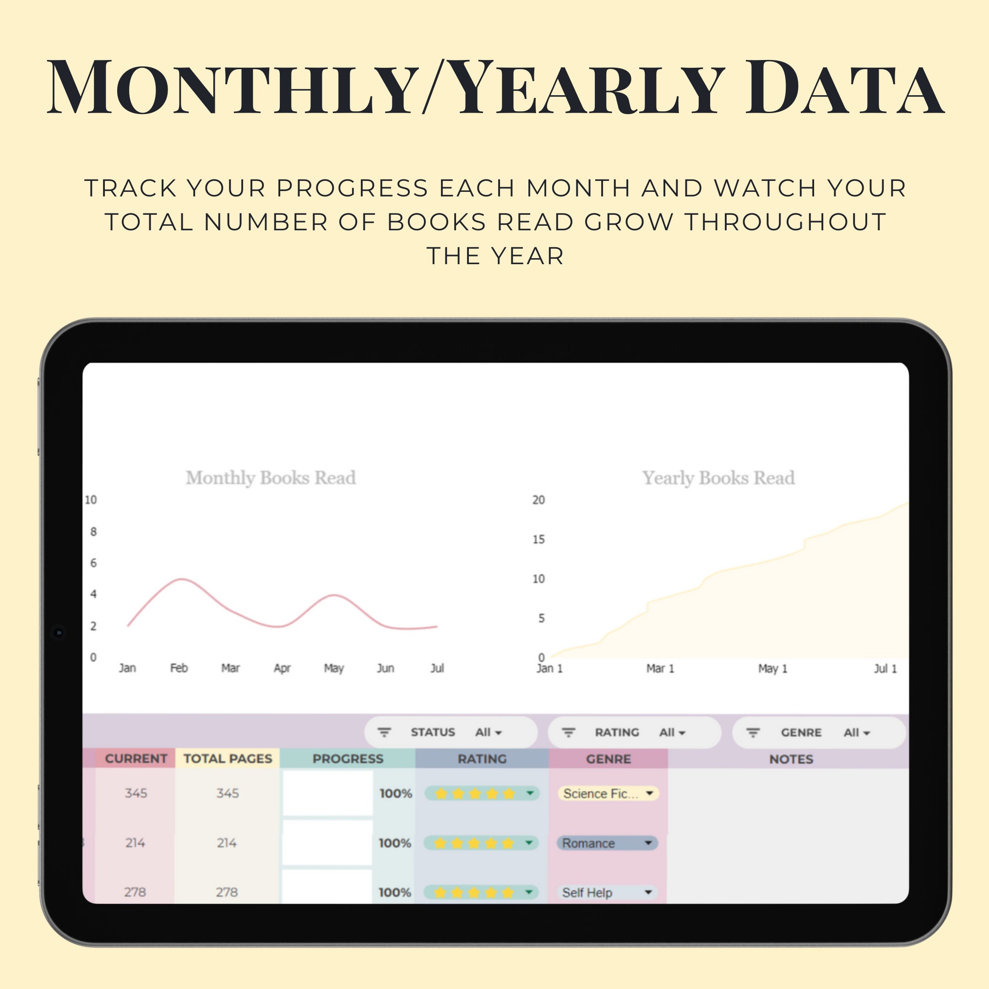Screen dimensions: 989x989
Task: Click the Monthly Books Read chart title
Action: pos(270,478)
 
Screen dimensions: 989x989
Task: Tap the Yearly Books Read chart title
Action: pos(718,478)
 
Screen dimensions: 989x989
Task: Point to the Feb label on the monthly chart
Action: pos(179,668)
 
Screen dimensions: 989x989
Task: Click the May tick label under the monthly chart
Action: pos(334,668)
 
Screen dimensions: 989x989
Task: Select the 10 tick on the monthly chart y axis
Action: pos(91,500)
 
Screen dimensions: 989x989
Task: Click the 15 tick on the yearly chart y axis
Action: pos(538,539)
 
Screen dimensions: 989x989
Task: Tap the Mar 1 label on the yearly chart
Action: pos(660,668)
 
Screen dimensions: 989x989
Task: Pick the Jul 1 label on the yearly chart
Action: pos(885,668)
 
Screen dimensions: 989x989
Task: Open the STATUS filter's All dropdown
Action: pos(489,733)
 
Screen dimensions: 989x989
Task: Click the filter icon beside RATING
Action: pos(568,733)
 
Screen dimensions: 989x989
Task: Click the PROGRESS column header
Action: pos(348,759)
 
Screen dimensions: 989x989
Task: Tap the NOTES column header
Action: pos(791,759)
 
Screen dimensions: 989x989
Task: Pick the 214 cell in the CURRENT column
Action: pos(135,842)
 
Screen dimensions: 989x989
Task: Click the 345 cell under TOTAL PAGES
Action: pos(227,793)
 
